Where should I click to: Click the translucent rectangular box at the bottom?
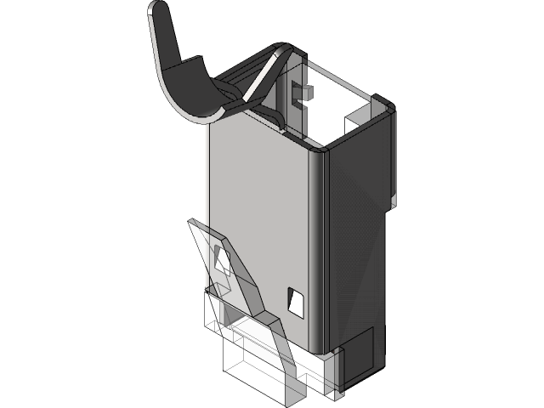(x=251, y=365)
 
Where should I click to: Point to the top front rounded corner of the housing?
(x=317, y=153)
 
